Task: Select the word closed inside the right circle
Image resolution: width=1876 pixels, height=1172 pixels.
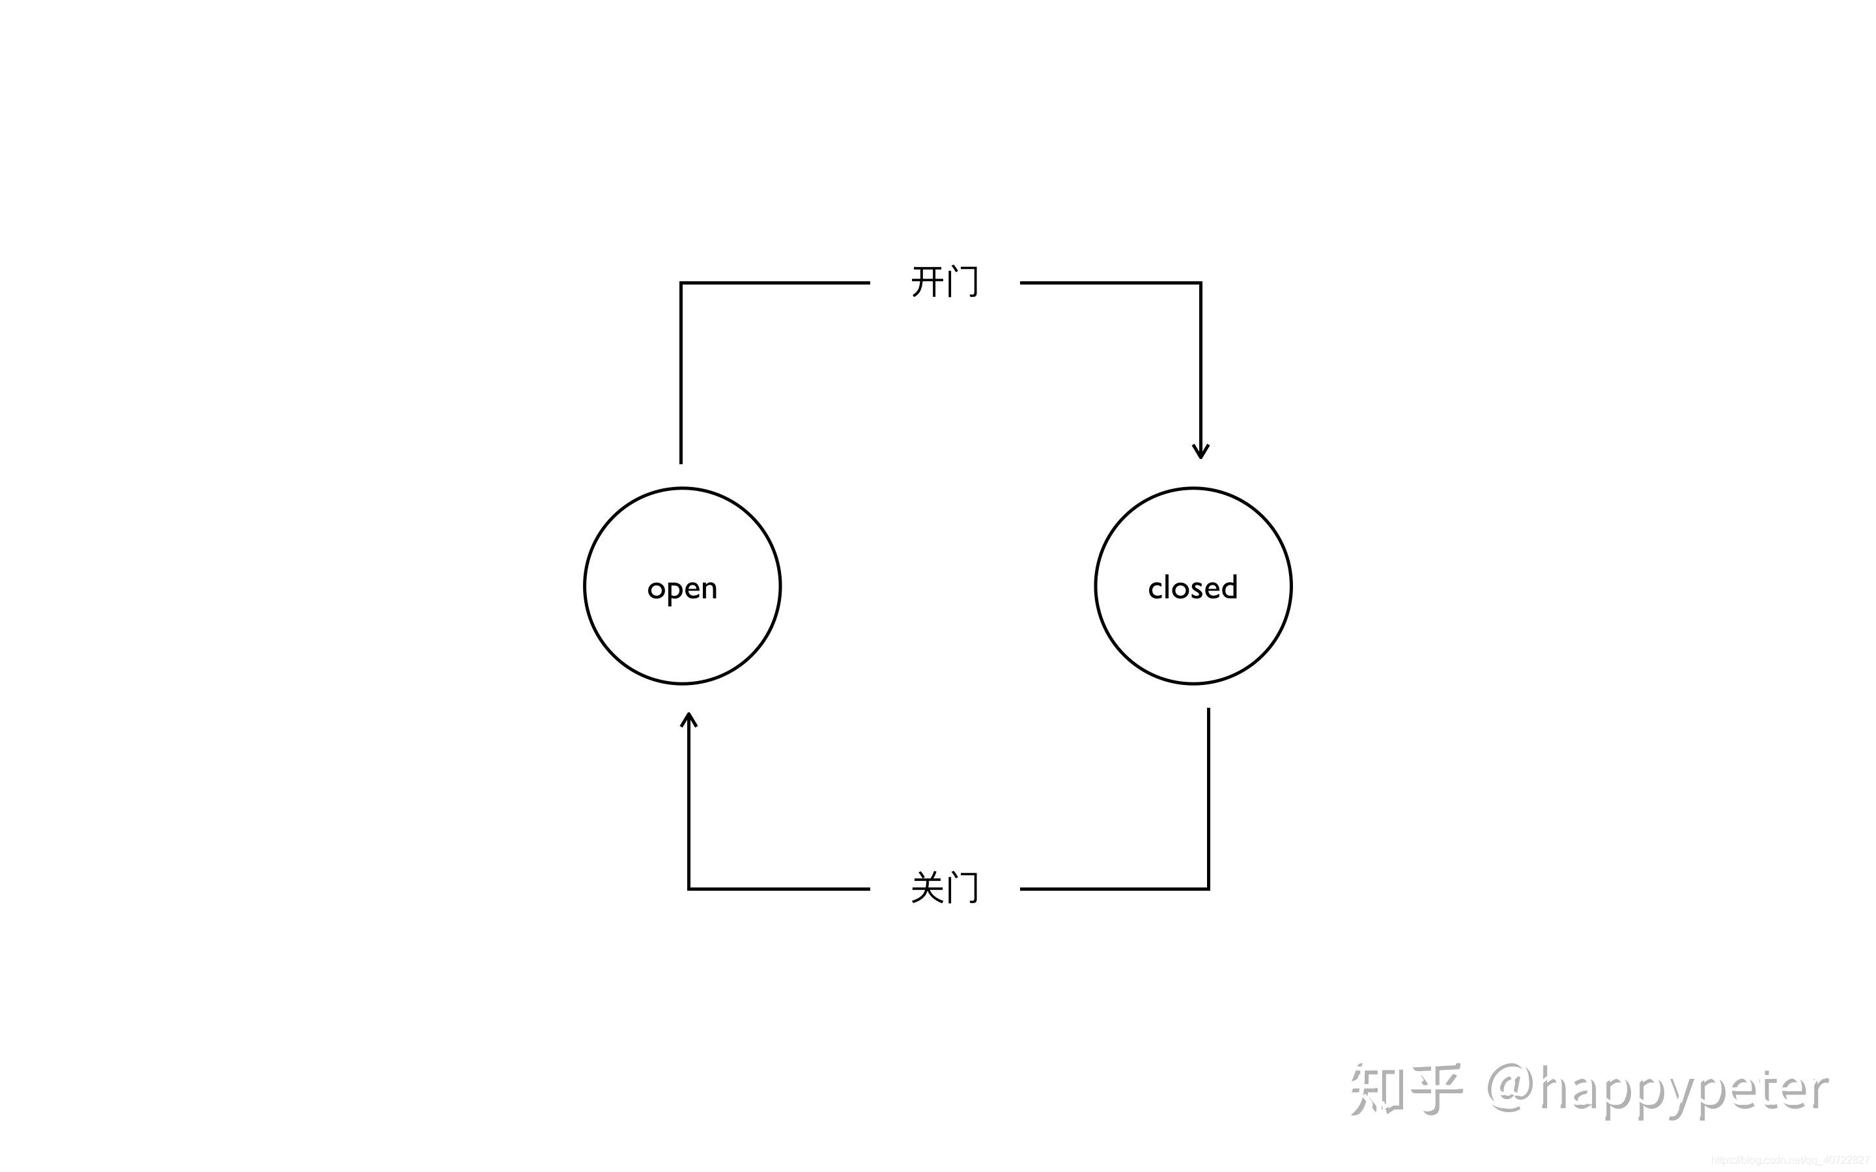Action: pyautogui.click(x=1192, y=587)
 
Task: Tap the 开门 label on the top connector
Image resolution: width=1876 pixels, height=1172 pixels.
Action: pyautogui.click(x=945, y=282)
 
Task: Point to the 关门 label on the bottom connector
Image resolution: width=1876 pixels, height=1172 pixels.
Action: pyautogui.click(x=945, y=887)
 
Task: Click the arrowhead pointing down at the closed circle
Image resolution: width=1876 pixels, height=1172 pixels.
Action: pyautogui.click(x=1201, y=452)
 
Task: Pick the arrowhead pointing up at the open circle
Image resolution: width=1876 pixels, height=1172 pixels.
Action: pyautogui.click(x=689, y=719)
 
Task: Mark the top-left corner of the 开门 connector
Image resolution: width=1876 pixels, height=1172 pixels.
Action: pyautogui.click(x=681, y=284)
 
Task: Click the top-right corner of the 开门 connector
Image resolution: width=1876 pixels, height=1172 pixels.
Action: pyautogui.click(x=1200, y=284)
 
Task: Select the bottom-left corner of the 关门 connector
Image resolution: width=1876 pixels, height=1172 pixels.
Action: pyautogui.click(x=689, y=888)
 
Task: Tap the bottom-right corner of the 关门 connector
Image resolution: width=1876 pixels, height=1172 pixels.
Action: pyautogui.click(x=1208, y=888)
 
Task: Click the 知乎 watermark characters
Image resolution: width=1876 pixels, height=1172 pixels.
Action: pyautogui.click(x=1404, y=1089)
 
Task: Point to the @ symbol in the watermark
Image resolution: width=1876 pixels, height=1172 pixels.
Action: pyautogui.click(x=1512, y=1089)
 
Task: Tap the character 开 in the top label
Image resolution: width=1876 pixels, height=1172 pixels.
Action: pyautogui.click(x=926, y=282)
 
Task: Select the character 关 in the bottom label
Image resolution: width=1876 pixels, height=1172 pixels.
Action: pyautogui.click(x=926, y=887)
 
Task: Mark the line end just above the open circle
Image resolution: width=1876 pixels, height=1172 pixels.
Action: pyautogui.click(x=681, y=462)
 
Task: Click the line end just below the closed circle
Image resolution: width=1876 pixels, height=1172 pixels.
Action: pyautogui.click(x=1208, y=710)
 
